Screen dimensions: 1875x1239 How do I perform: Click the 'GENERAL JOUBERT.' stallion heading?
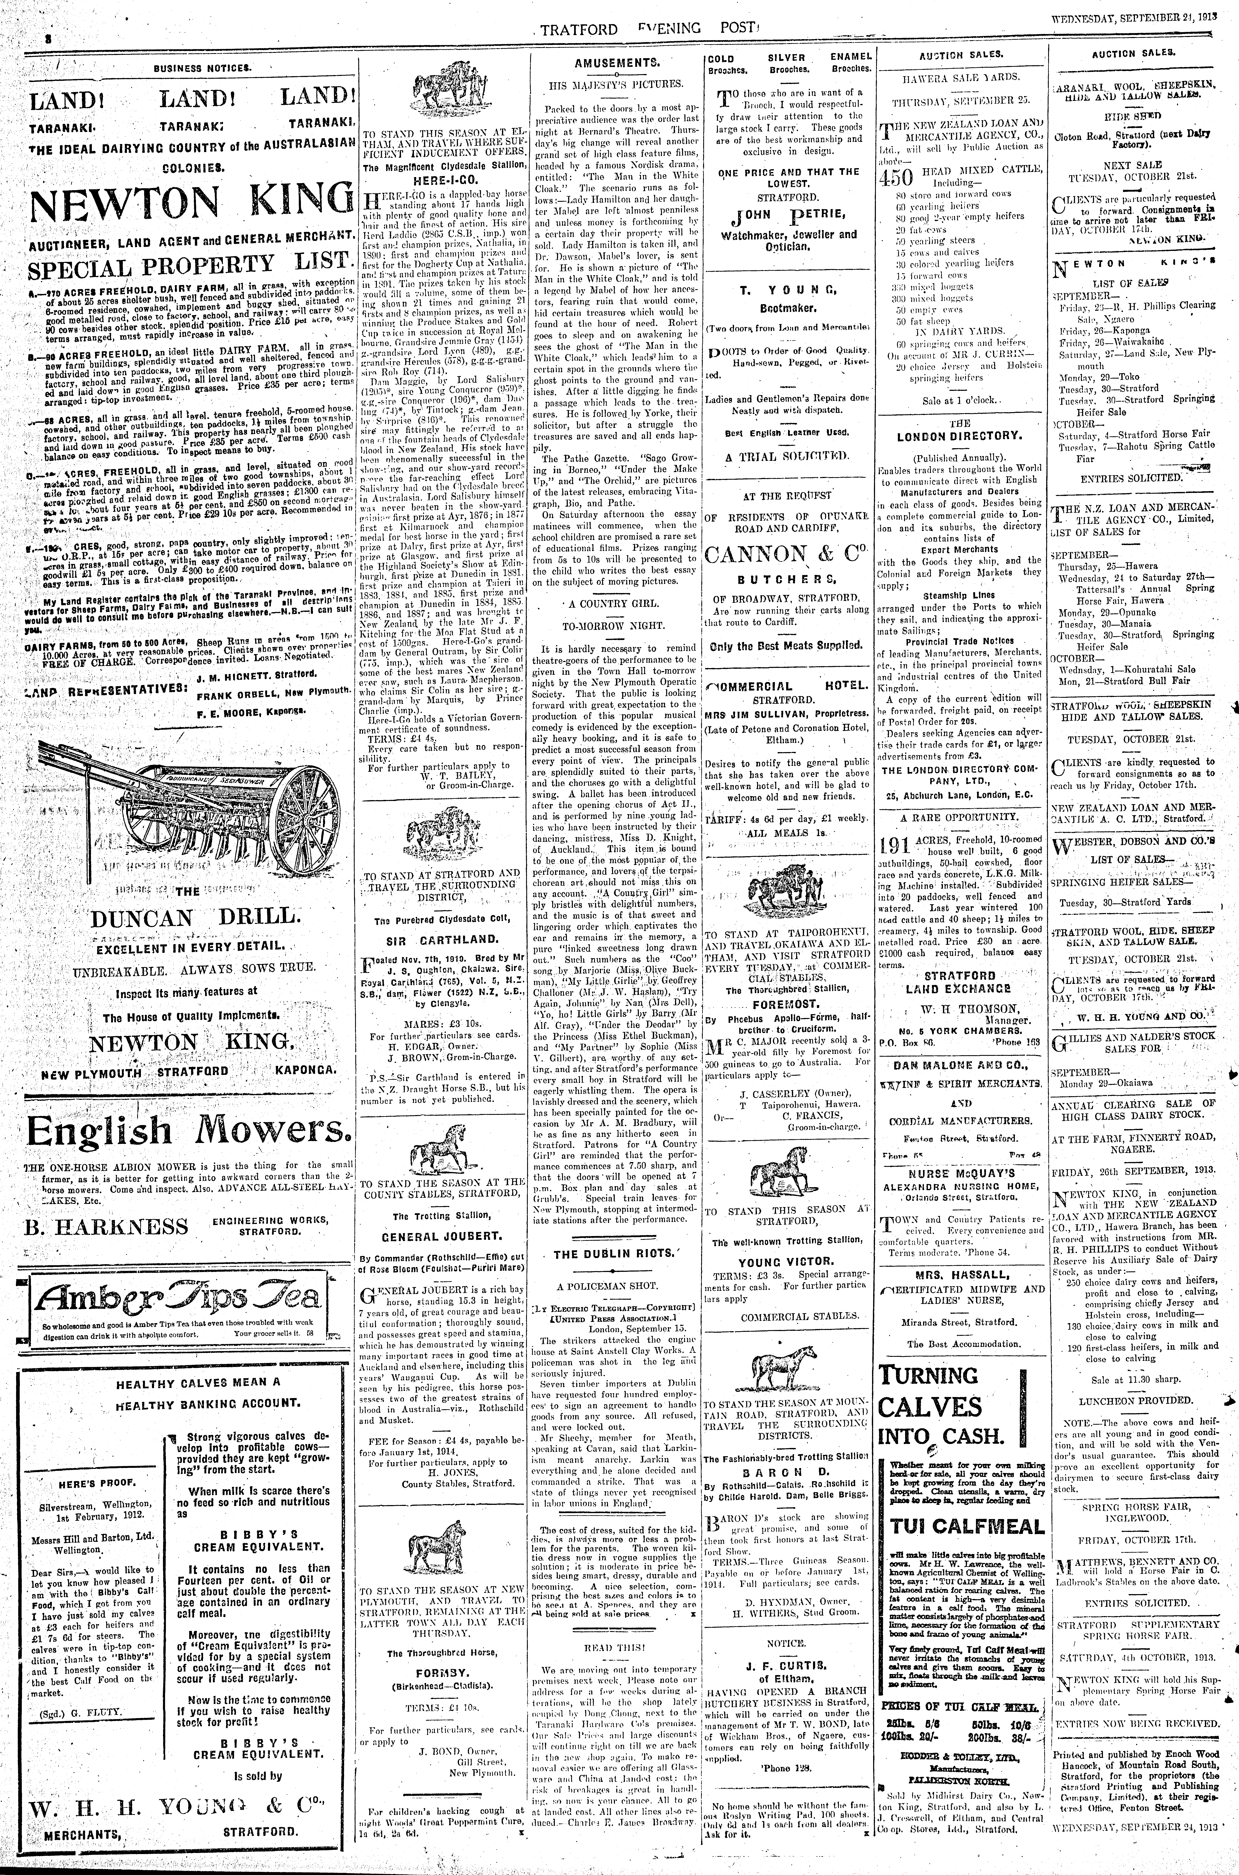pyautogui.click(x=442, y=1235)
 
